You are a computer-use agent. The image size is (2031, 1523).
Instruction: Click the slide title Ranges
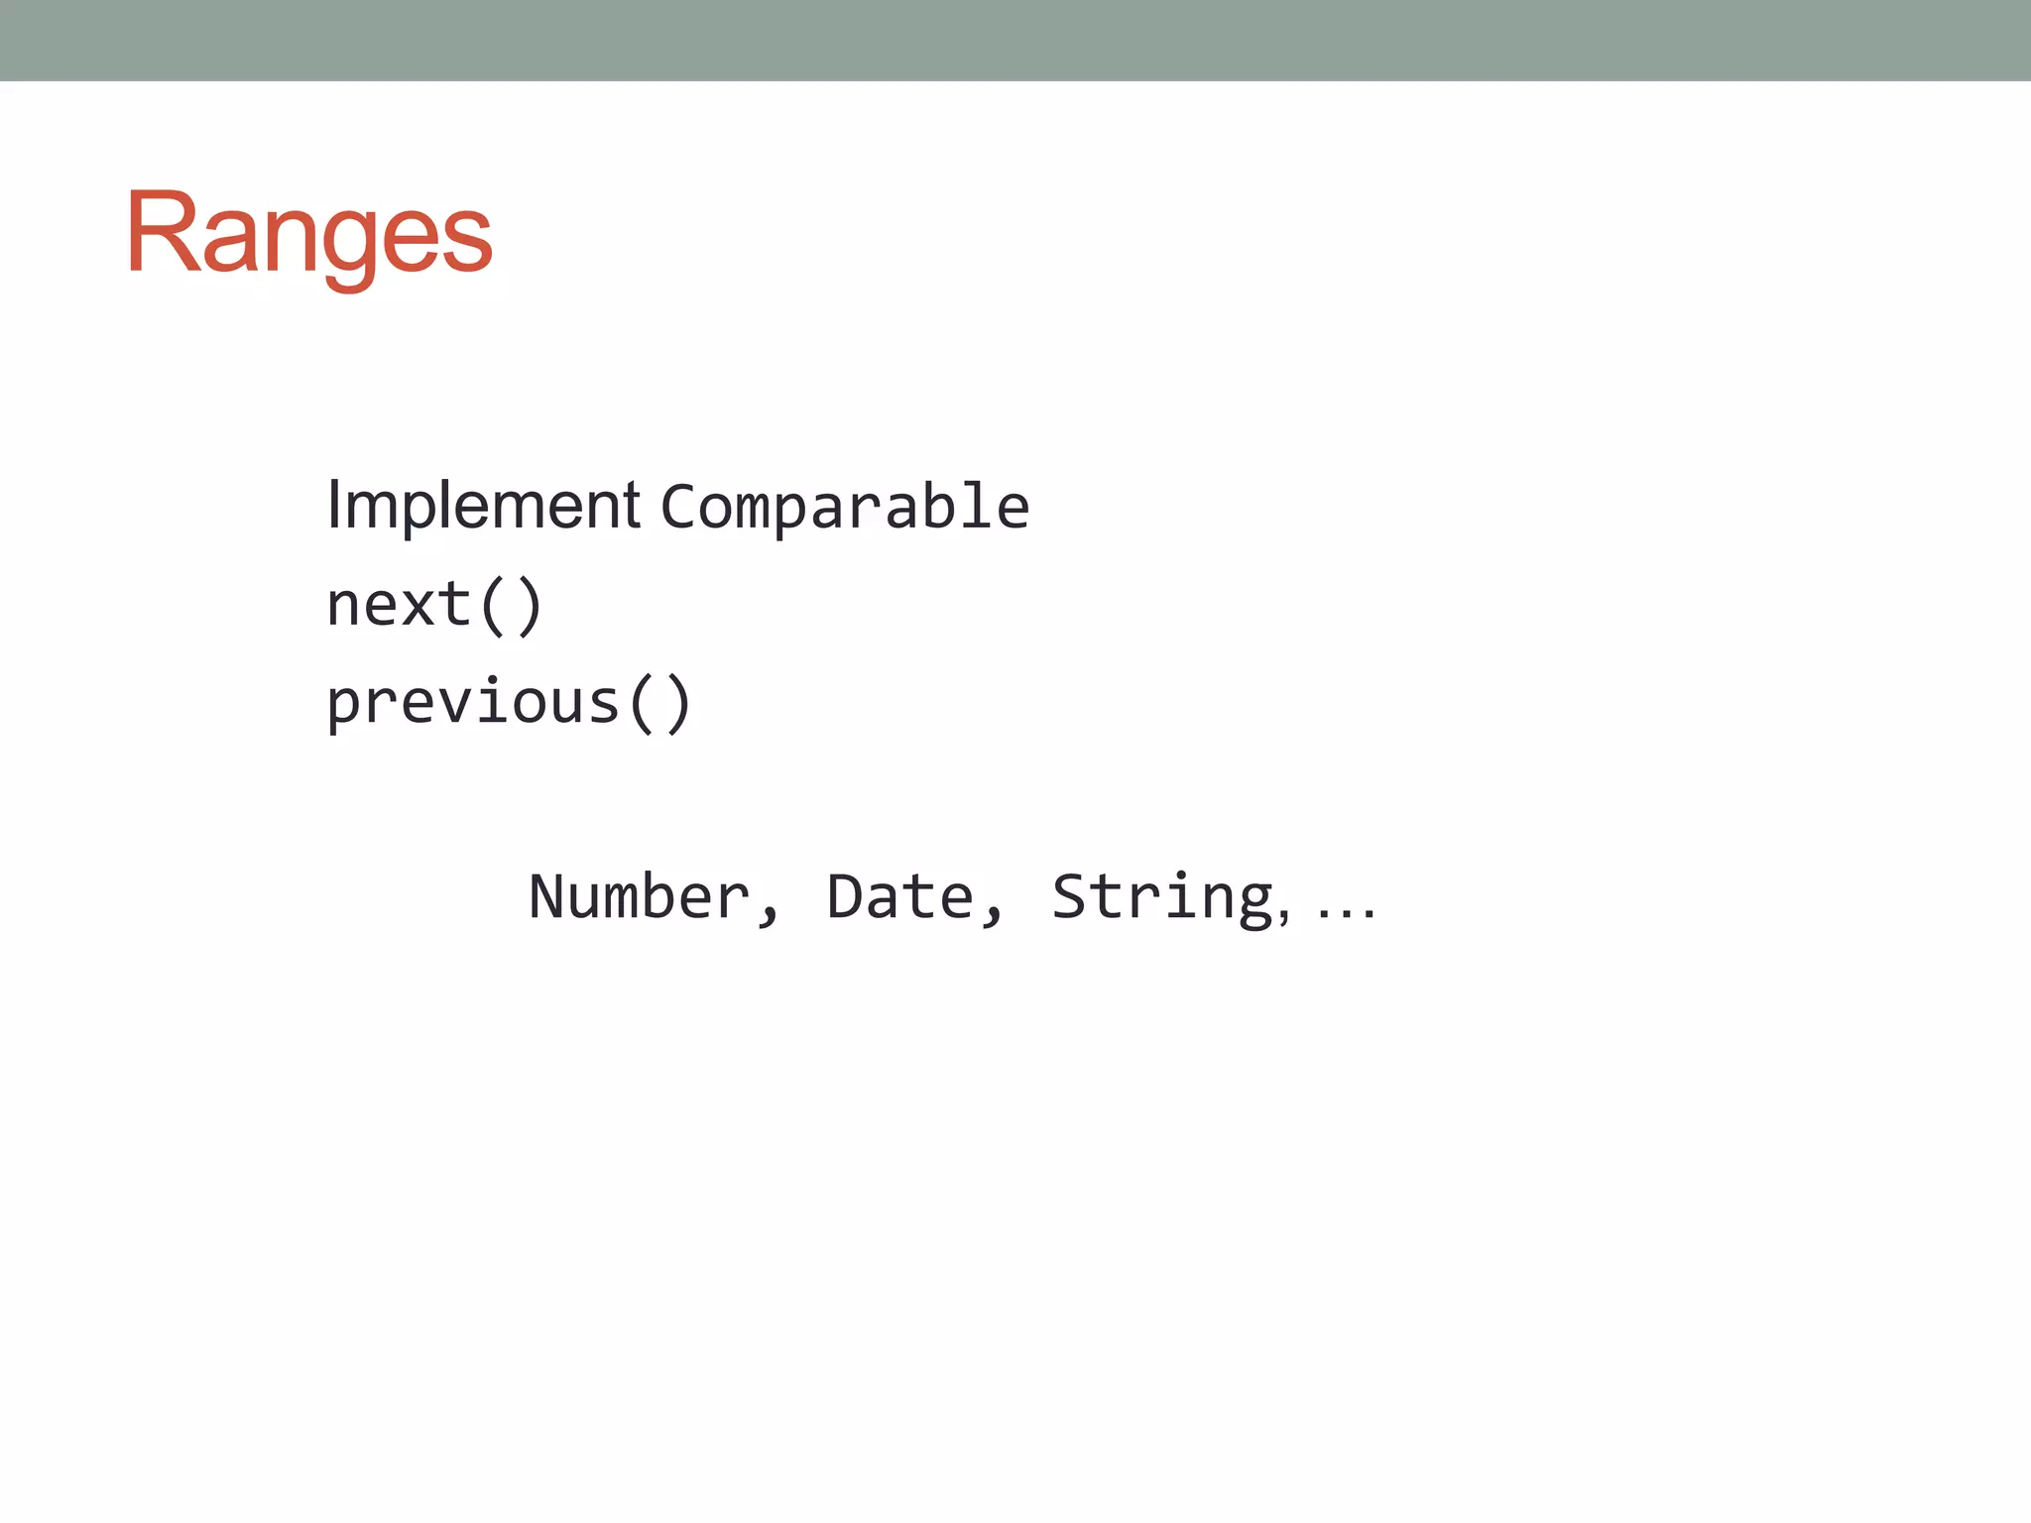[308, 234]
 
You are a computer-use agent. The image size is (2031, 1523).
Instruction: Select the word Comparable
[845, 508]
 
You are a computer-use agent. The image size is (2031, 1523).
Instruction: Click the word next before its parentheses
[399, 605]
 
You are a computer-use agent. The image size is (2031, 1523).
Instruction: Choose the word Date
[899, 897]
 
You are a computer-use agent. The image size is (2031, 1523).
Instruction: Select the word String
[1161, 898]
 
